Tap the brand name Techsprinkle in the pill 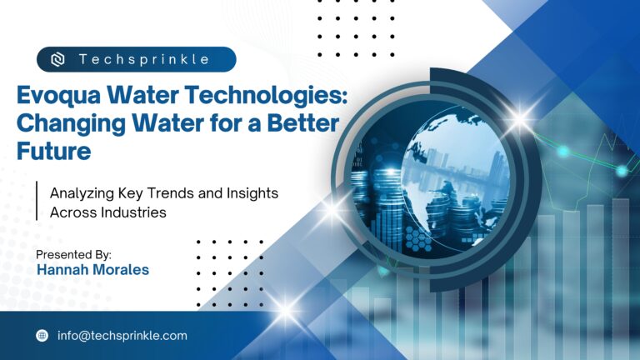pos(144,60)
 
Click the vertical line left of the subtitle pos(37,202)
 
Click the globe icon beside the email pos(42,336)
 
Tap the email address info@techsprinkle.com pos(122,336)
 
